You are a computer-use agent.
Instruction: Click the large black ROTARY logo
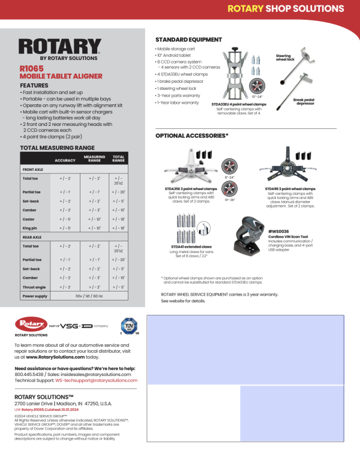(59, 46)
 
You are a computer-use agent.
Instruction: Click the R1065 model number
(31, 69)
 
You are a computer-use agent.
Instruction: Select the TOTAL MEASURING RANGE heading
(57, 147)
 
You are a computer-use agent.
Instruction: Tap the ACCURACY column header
(65, 160)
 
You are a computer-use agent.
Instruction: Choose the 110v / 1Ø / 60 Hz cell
(89, 296)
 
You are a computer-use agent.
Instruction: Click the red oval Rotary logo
(30, 324)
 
